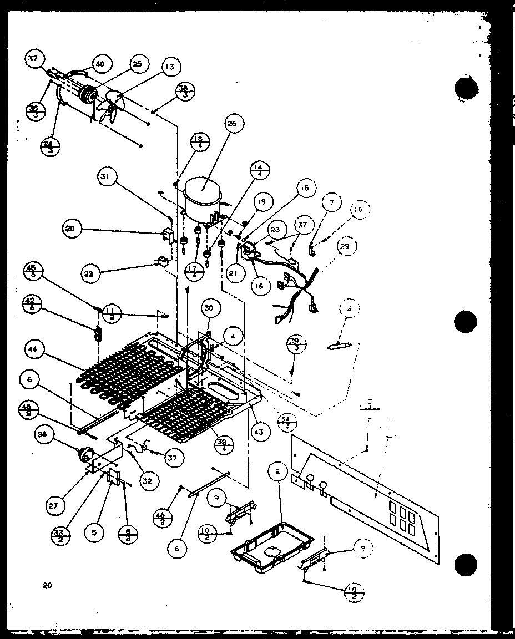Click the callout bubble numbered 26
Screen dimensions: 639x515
[x=231, y=124]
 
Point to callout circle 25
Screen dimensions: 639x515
[x=137, y=64]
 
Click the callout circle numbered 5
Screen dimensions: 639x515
[x=94, y=532]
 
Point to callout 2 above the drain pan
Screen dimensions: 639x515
[x=276, y=472]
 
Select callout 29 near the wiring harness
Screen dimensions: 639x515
[x=345, y=246]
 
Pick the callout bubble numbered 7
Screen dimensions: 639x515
[x=331, y=203]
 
